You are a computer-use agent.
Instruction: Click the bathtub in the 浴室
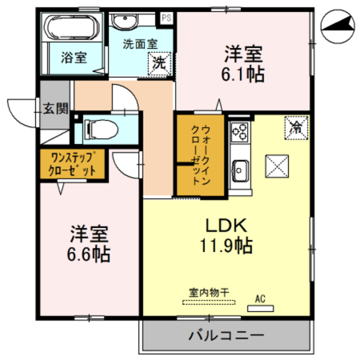(71, 28)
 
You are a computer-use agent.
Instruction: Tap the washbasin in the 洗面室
(125, 21)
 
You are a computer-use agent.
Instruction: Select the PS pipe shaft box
(166, 18)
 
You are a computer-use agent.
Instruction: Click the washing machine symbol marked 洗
(159, 64)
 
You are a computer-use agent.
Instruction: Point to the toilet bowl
(101, 130)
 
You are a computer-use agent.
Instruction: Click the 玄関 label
(56, 109)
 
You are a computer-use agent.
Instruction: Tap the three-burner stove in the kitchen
(240, 132)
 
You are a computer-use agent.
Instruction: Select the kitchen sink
(240, 171)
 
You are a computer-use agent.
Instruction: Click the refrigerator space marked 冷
(296, 128)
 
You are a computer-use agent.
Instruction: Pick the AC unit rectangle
(260, 308)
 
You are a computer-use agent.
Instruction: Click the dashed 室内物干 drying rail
(209, 303)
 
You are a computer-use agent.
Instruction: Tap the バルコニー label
(226, 336)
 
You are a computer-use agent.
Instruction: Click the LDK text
(226, 225)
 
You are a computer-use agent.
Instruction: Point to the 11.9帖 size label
(226, 245)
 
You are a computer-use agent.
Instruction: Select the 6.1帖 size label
(243, 74)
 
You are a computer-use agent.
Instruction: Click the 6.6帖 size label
(89, 254)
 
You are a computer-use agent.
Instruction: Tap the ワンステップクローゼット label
(72, 164)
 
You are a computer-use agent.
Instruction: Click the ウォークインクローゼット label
(200, 155)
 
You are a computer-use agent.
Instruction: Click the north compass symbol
(337, 26)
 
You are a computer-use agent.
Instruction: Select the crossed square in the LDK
(277, 166)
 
